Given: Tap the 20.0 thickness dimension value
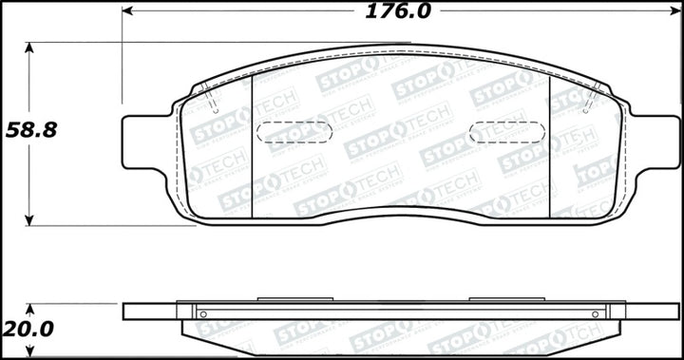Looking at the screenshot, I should (29, 331).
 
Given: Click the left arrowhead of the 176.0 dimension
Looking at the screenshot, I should (127, 11).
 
